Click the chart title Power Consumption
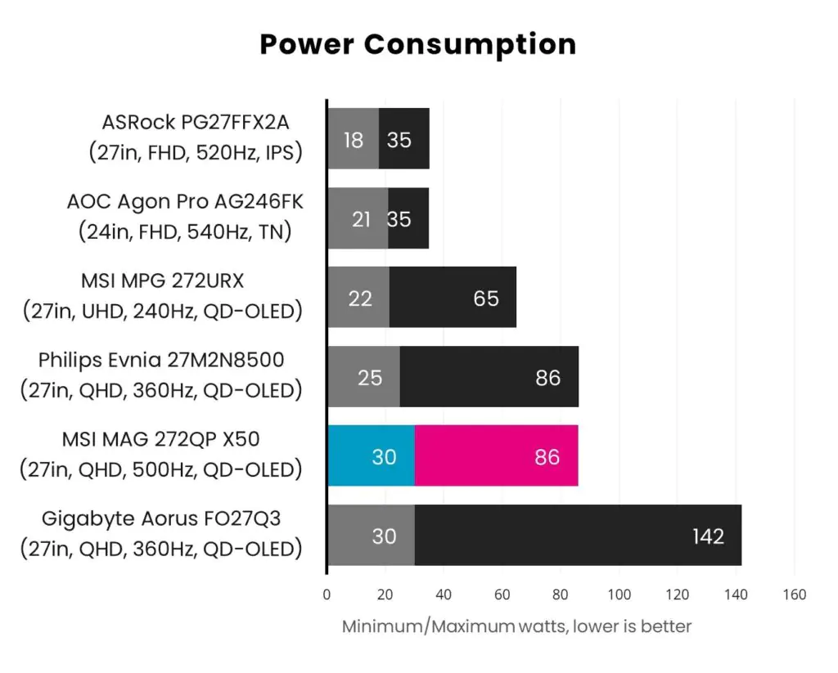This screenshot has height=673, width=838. click(x=418, y=44)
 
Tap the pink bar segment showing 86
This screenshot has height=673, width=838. click(x=497, y=455)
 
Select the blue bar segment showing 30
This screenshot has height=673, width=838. click(x=371, y=455)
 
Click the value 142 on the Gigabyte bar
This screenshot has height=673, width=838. click(x=707, y=536)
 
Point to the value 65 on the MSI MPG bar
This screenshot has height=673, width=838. click(x=486, y=298)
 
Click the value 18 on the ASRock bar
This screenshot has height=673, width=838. click(x=354, y=140)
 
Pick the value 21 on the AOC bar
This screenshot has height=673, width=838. click(x=361, y=219)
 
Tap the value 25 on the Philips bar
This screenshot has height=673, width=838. click(x=370, y=378)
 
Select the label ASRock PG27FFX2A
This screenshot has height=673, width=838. click(x=196, y=123)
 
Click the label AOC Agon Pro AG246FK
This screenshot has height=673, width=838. click(x=185, y=201)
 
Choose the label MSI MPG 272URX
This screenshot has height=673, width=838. click(x=162, y=281)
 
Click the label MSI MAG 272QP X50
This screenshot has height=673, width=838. click(x=160, y=440)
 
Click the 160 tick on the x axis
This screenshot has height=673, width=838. click(x=794, y=594)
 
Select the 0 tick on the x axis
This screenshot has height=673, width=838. click(x=327, y=594)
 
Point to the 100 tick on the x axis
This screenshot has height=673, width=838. click(x=619, y=594)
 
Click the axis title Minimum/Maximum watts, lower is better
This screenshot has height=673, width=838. click(x=516, y=627)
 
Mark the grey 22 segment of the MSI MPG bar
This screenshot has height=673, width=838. click(x=358, y=298)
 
